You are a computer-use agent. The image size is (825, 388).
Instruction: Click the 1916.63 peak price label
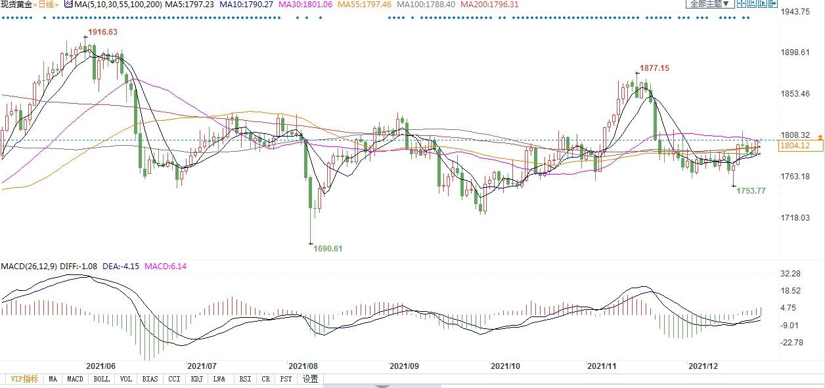point(102,32)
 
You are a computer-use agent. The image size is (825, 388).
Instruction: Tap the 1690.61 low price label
point(328,249)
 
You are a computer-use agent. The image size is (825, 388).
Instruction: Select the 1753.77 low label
point(751,191)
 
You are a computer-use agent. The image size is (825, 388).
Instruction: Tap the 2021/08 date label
point(303,366)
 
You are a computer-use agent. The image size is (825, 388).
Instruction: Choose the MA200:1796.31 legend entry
point(489,4)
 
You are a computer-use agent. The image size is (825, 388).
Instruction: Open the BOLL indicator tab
point(101,379)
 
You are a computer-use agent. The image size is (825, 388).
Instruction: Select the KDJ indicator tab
point(196,379)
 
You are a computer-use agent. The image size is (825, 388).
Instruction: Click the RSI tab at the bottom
point(245,379)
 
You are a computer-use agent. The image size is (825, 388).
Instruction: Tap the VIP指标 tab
point(24,379)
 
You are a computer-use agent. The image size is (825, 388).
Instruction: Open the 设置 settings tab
point(310,379)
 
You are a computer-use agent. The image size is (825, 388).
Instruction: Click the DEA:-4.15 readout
point(123,267)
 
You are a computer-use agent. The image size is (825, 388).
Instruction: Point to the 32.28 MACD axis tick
point(790,273)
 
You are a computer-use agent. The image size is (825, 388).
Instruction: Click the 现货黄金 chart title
point(16,4)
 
